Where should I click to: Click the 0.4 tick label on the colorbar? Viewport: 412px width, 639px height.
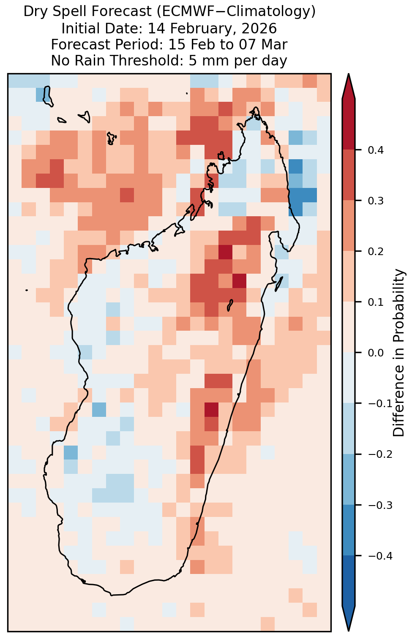pos(376,150)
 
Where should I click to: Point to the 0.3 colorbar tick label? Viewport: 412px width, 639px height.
pos(376,201)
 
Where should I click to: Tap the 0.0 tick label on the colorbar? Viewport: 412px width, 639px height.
pos(376,353)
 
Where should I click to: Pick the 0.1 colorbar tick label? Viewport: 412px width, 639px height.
pos(376,302)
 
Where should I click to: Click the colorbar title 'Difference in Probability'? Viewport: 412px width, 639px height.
pos(399,353)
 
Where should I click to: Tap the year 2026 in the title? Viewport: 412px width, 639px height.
pos(259,28)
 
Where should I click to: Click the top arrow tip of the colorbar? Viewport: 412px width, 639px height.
pos(349,74)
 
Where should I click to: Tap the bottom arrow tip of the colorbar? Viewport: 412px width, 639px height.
pos(349,631)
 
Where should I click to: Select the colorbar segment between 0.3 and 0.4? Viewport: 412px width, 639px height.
pos(349,175)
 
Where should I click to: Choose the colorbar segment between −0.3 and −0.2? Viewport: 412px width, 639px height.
pos(349,479)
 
